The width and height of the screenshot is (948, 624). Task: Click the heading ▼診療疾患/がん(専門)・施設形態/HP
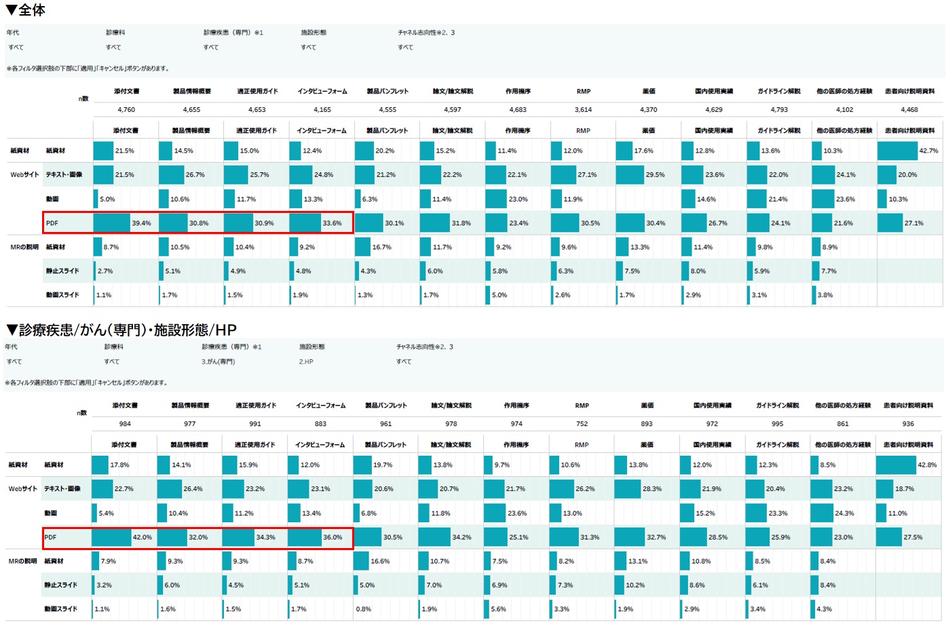click(x=121, y=330)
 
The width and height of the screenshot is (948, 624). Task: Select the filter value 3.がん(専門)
click(x=218, y=362)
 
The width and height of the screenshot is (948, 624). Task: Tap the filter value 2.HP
click(x=306, y=362)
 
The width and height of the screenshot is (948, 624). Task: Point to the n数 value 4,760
click(x=126, y=109)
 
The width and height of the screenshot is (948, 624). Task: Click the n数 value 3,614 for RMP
click(x=583, y=109)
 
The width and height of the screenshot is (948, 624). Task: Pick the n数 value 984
click(x=125, y=424)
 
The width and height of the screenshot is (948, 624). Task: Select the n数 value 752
click(x=582, y=424)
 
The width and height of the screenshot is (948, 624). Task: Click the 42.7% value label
click(x=928, y=151)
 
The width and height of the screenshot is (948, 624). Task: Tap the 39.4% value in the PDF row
click(x=141, y=223)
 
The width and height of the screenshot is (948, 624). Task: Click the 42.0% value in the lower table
click(x=142, y=537)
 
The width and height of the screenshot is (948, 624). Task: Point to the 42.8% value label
click(x=927, y=465)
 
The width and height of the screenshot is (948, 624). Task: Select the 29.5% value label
click(x=655, y=175)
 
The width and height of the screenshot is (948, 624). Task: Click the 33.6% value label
click(x=332, y=223)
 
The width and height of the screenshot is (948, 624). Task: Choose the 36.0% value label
click(x=333, y=537)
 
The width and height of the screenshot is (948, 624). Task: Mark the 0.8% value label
click(x=364, y=609)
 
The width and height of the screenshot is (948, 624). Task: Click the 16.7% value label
click(x=381, y=248)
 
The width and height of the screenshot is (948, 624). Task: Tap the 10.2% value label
click(x=635, y=585)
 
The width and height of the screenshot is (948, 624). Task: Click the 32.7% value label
click(x=656, y=537)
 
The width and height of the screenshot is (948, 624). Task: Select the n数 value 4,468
click(x=909, y=109)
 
